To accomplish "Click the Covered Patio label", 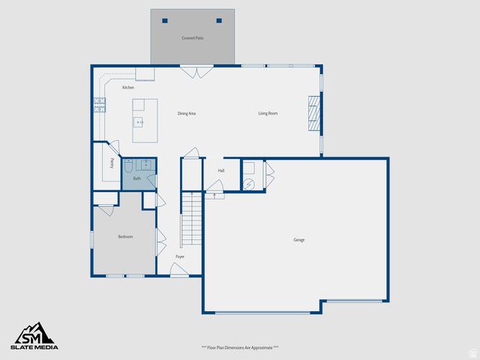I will pyautogui.click(x=193, y=37).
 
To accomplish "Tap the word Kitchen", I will pyautogui.click(x=128, y=88).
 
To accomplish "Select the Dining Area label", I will pyautogui.click(x=187, y=113).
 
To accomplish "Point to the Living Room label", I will pyautogui.click(x=268, y=113).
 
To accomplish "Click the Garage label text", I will pyautogui.click(x=298, y=240).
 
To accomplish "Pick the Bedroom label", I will pyautogui.click(x=125, y=237).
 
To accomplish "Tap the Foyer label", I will pyautogui.click(x=180, y=256).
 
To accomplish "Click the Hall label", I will pyautogui.click(x=221, y=171).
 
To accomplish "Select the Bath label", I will pyautogui.click(x=137, y=178).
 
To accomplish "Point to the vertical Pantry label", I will pyautogui.click(x=112, y=162).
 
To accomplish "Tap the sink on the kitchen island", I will pyautogui.click(x=138, y=121).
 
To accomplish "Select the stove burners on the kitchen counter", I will pyautogui.click(x=98, y=104).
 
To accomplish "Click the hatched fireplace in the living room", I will pyautogui.click(x=314, y=114).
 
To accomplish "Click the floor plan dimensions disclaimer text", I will pyautogui.click(x=240, y=347).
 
